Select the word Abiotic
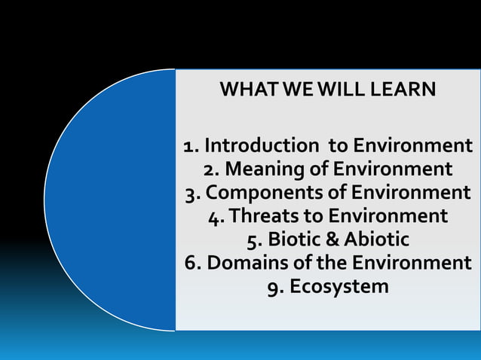click(373, 239)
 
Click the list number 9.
click(274, 287)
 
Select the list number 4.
click(214, 216)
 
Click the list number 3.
click(191, 192)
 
